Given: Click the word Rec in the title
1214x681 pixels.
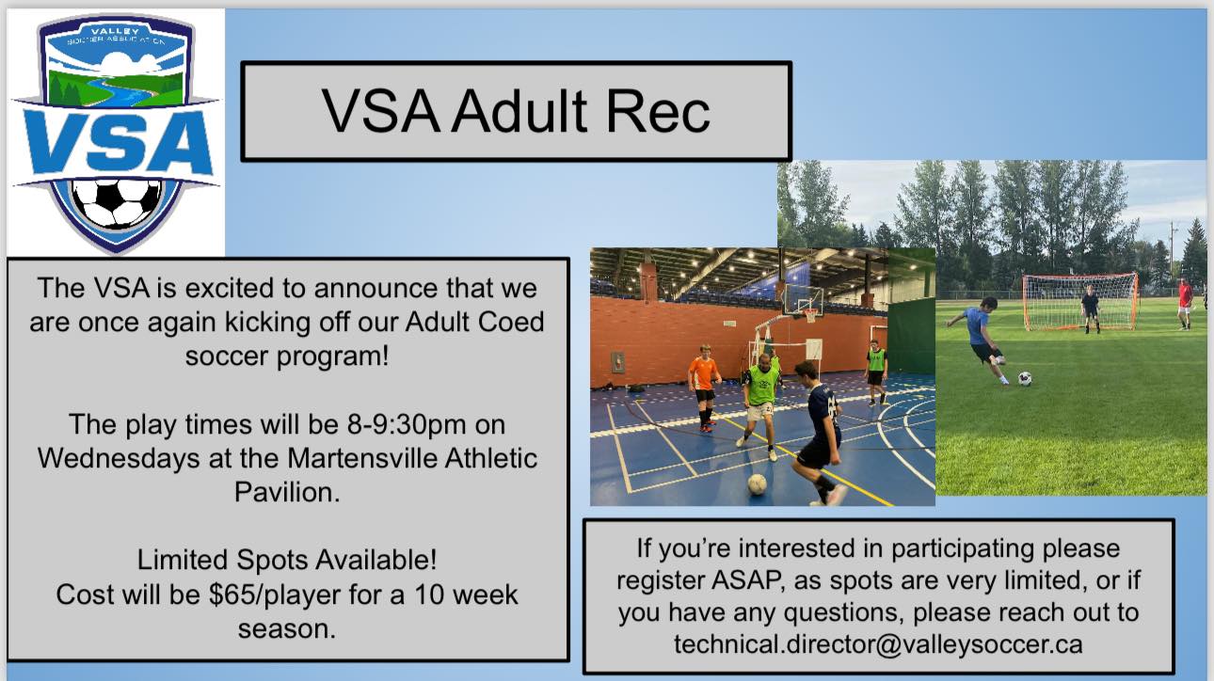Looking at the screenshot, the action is coord(658,111).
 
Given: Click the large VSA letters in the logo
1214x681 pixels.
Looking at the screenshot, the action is coord(118,142).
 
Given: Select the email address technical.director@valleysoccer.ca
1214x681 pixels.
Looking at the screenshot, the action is coord(878,644).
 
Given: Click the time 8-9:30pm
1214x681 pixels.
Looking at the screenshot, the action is coord(407,424).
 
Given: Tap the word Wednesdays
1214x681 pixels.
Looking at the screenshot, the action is coord(119,458).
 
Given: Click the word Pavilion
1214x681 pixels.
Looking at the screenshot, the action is coord(287,493).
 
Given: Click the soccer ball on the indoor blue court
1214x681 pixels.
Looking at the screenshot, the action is coord(758,483).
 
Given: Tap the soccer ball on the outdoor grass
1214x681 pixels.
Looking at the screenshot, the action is coord(1024,379).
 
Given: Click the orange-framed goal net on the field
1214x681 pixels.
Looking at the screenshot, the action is coord(1080,302).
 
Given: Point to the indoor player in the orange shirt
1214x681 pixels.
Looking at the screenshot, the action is coord(704,387).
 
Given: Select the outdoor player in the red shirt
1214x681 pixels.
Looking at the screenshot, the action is coord(1185,303).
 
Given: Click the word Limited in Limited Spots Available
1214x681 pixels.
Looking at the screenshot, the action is coord(183,560).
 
